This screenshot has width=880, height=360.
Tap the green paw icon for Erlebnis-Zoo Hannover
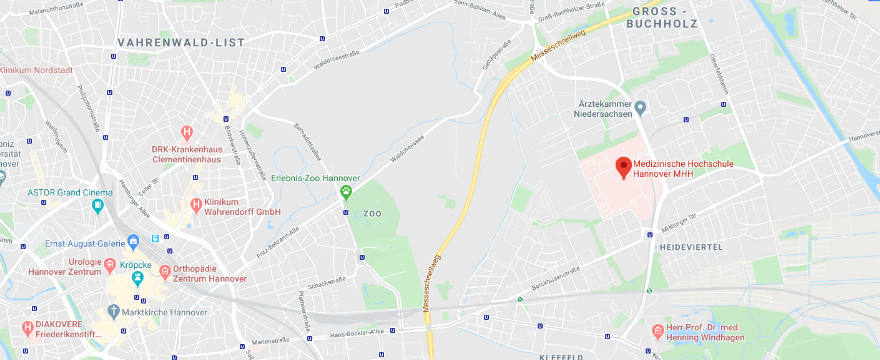(346, 191)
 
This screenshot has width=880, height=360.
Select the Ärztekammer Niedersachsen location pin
(640, 108)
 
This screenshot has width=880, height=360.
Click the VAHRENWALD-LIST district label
(181, 43)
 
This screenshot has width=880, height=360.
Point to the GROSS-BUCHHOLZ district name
(662, 18)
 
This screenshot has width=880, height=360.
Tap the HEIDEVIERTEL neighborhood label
(691, 247)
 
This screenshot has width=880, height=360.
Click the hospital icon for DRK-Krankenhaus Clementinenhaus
(187, 133)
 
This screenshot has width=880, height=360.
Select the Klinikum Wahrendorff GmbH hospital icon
(196, 205)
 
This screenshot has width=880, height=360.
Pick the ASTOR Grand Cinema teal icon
(98, 205)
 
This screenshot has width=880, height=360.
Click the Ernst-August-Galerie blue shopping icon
(133, 242)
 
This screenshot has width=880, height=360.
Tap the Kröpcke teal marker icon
(137, 277)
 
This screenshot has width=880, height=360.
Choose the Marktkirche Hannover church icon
(114, 311)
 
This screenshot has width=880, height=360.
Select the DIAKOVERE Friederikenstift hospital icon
(28, 328)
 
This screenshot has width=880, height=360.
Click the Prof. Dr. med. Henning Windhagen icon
(657, 331)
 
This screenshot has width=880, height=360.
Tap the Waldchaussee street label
(407, 149)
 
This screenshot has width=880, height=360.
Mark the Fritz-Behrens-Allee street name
(278, 243)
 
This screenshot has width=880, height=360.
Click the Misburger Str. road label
(679, 223)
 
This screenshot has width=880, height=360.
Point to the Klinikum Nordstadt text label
(36, 70)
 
